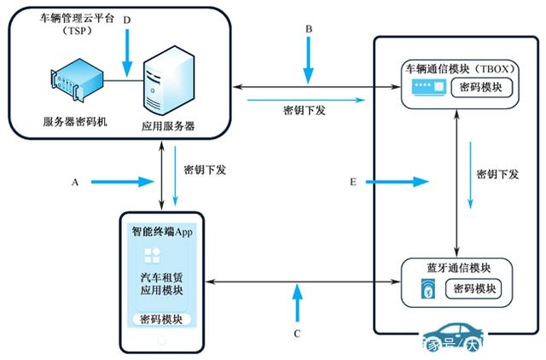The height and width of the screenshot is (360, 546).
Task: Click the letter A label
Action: coord(76,182)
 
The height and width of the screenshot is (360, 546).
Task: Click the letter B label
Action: coord(310,28)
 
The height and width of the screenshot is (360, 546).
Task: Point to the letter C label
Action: coord(297,334)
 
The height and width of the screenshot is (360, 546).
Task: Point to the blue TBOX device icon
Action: coord(427,87)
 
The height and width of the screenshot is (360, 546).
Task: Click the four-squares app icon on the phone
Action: coord(152,255)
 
